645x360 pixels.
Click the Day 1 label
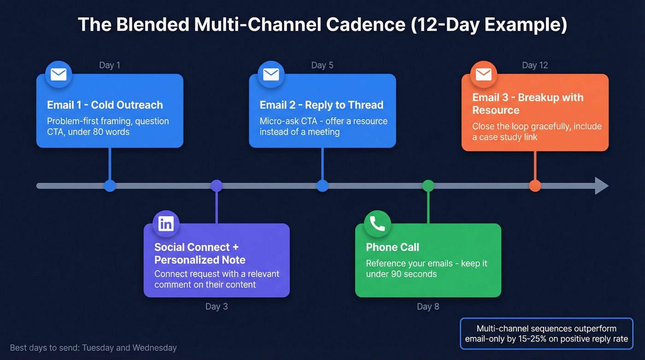coord(110,65)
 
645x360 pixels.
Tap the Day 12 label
coord(535,65)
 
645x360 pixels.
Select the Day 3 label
coord(217,307)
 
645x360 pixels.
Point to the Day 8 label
coord(428,307)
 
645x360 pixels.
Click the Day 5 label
coord(322,65)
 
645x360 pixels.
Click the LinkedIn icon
coord(166,224)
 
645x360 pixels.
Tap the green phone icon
coord(377,224)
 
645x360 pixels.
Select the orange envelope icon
coord(483,75)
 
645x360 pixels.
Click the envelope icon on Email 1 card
coord(59,75)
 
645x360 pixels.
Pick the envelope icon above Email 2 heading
coord(271,75)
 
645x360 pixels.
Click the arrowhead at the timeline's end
coord(601,186)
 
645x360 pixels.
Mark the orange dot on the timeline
coord(535,186)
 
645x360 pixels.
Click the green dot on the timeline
coord(428,186)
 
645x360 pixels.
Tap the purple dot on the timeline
coord(217,186)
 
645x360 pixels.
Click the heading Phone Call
coord(393,248)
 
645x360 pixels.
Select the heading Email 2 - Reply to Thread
coord(321,105)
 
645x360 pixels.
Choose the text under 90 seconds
coord(401,274)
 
